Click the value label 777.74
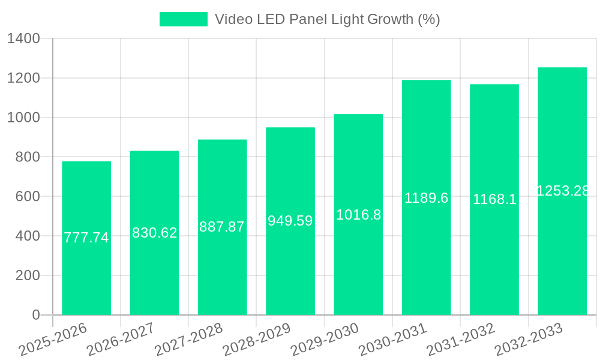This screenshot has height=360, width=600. (x=86, y=238)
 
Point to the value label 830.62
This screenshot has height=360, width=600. (x=155, y=233)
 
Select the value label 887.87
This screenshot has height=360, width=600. (x=222, y=227)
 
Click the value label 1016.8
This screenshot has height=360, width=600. (x=358, y=215)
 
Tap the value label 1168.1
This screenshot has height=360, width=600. (x=494, y=199)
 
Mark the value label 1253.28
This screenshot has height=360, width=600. (x=562, y=191)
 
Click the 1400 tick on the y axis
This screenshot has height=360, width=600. (x=23, y=39)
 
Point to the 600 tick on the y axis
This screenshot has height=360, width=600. (x=28, y=197)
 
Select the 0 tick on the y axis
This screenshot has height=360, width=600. (x=36, y=315)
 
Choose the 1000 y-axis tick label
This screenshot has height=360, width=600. (x=23, y=118)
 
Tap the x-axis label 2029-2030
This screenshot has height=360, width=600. (x=325, y=340)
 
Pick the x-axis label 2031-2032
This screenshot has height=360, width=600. (x=461, y=340)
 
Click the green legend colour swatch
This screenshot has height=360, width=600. (x=183, y=19)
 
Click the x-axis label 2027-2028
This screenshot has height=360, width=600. (x=189, y=340)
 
